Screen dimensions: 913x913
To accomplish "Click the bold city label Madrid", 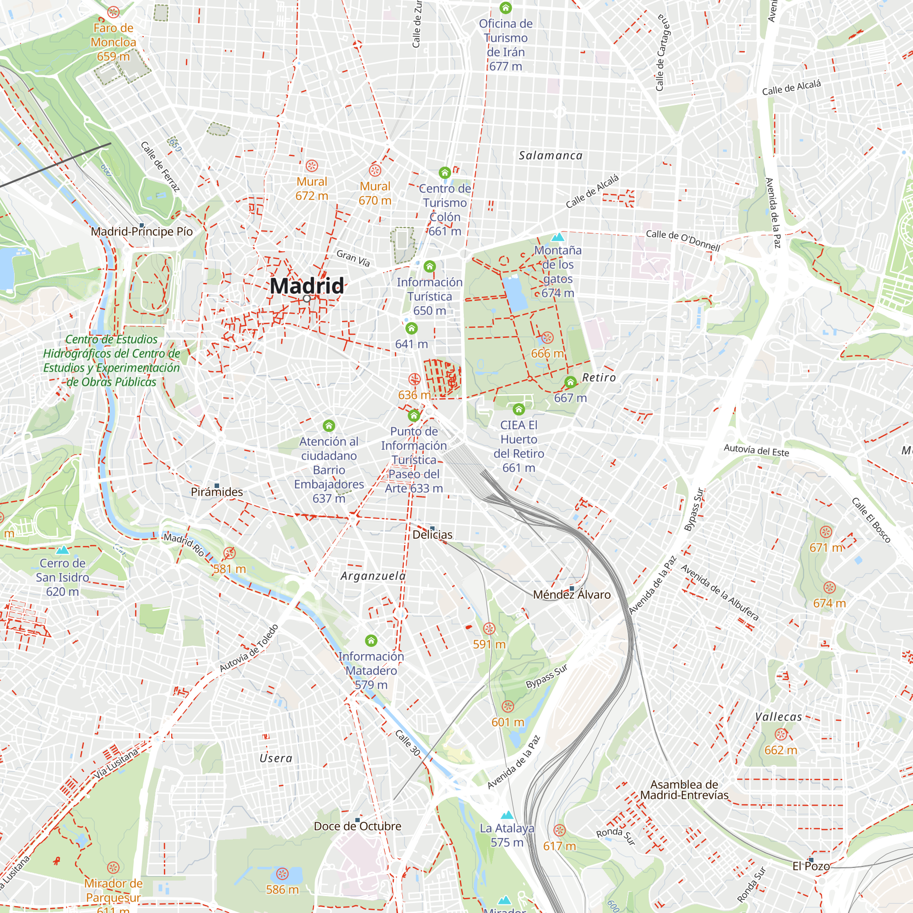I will [307, 286].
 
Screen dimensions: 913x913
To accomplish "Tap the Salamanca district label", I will [551, 156].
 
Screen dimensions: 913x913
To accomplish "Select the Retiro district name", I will [599, 378].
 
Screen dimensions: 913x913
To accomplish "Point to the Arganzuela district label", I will [373, 576].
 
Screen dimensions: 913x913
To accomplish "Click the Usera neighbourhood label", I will [276, 758].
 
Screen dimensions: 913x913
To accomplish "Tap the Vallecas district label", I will [778, 716].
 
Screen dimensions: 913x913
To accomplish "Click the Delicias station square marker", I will [432, 528].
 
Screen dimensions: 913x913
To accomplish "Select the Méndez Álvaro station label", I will [572, 595].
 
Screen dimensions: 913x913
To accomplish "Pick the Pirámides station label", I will [217, 492].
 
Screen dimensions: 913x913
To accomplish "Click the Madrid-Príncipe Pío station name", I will [142, 231].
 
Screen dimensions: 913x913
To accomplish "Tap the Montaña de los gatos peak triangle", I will [558, 237].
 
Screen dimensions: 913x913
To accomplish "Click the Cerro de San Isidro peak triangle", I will [63, 550].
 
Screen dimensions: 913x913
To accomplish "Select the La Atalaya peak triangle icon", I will [507, 815].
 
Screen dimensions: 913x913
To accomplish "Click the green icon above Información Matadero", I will [371, 641].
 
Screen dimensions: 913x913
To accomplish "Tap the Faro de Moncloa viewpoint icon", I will [113, 12].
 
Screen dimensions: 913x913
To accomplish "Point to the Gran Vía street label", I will [353, 258].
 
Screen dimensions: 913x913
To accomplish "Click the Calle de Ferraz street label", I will [161, 167].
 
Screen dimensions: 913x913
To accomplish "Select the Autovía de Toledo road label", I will [249, 648].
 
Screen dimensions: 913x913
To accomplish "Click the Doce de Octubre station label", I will [357, 826].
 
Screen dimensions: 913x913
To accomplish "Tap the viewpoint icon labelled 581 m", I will [230, 553].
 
